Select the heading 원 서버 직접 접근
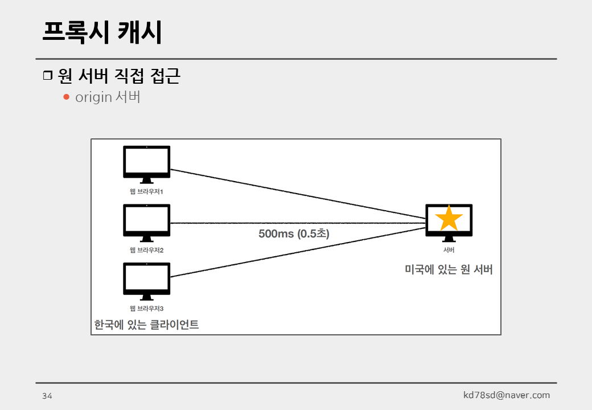click(119, 76)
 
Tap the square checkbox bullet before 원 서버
click(47, 76)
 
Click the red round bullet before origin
click(66, 97)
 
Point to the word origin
click(93, 97)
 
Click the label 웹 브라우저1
click(146, 192)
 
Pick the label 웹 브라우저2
click(146, 250)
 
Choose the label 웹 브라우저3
click(146, 309)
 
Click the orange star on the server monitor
click(449, 218)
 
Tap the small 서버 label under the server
click(449, 249)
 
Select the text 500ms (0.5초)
click(294, 233)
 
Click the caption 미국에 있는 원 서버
click(449, 270)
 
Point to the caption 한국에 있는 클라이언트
click(146, 325)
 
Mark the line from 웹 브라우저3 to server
click(296, 252)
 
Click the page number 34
click(47, 396)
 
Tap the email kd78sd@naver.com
click(507, 395)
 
